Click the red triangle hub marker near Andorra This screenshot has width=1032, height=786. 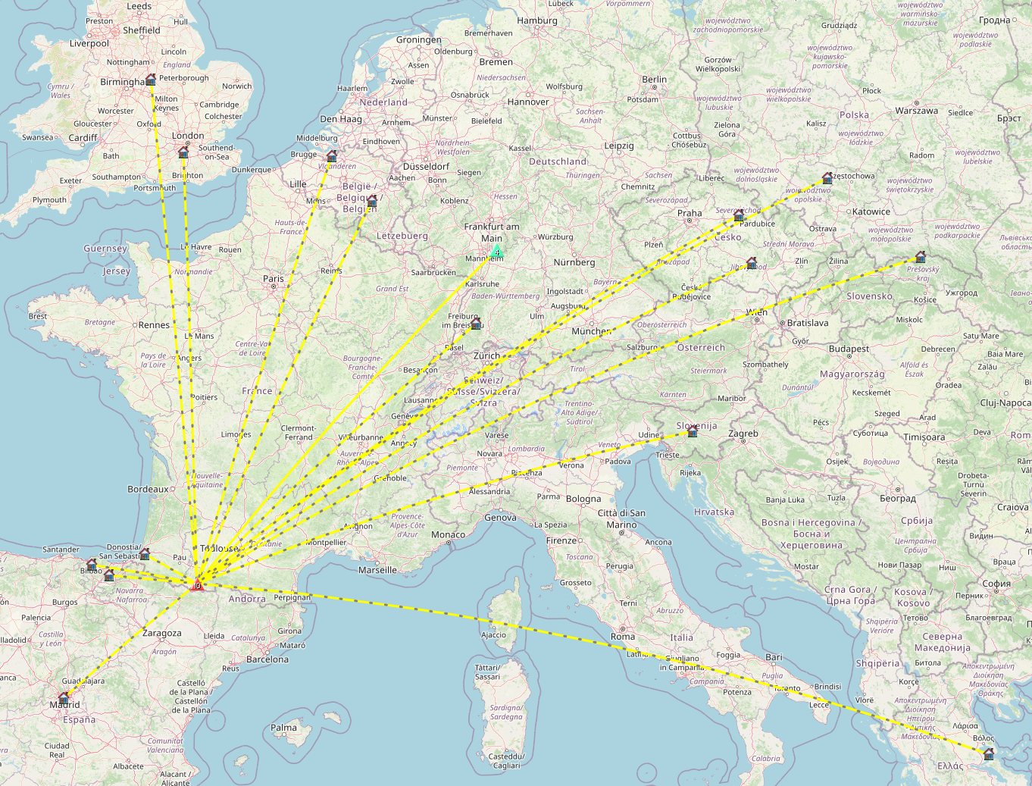pos(197,584)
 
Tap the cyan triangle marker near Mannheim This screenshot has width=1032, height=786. pos(497,251)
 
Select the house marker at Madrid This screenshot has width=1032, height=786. pos(64,697)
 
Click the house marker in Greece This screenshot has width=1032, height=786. pos(988,753)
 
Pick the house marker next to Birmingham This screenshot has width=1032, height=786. pos(151,80)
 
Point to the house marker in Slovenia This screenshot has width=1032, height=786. pos(692,431)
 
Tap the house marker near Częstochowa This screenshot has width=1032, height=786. pos(827,178)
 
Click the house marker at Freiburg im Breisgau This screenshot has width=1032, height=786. pos(476,324)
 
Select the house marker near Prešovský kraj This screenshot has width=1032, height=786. pos(921,257)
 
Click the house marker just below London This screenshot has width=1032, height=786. pos(183,152)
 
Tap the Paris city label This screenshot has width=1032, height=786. pos(274,279)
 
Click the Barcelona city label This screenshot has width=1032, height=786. pos(267,659)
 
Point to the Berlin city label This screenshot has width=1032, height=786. pos(655,80)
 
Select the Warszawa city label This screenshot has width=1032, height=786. pos(916,111)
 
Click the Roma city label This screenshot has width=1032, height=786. pos(623,637)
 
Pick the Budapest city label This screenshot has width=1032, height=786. pos(849,349)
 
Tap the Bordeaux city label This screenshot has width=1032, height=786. pos(149,490)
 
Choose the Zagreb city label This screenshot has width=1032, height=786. pos(743,434)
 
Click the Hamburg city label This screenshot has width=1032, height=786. pos(537,21)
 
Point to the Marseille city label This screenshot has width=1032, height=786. pos(377,570)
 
